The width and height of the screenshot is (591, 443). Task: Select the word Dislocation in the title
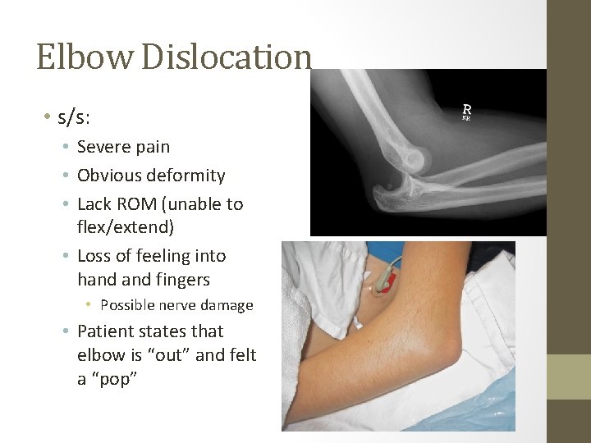pyautogui.click(x=227, y=57)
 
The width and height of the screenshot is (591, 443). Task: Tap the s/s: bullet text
pyautogui.click(x=74, y=117)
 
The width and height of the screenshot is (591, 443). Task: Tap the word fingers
pyautogui.click(x=181, y=280)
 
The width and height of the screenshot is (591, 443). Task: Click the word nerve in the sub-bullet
pyautogui.click(x=186, y=305)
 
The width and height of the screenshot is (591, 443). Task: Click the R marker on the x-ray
pyautogui.click(x=466, y=109)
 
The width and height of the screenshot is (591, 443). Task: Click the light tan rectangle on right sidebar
pyautogui.click(x=568, y=377)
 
